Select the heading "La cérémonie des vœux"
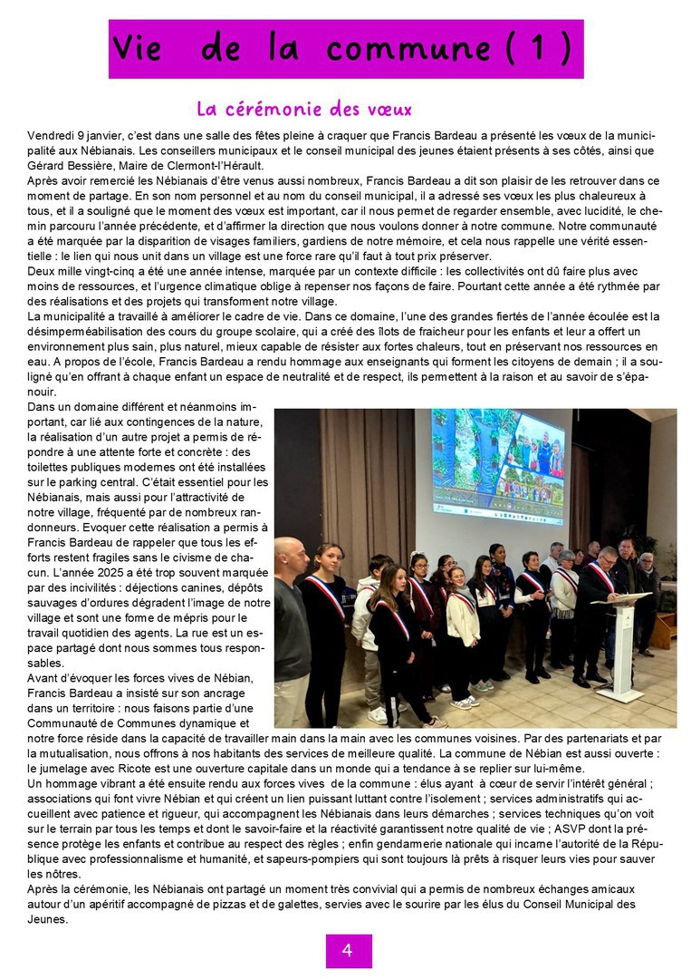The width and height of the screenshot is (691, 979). pos(304,110)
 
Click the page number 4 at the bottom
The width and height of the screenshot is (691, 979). pos(348,950)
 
